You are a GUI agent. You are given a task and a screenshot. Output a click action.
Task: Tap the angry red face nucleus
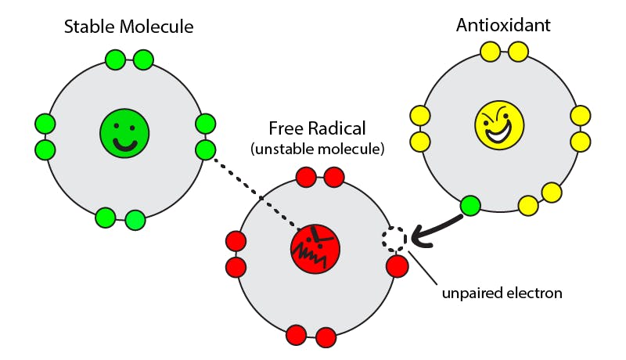click(x=315, y=247)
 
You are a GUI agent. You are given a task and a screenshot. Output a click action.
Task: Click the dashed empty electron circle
click(x=394, y=237)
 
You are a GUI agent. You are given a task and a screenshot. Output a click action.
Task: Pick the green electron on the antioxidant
click(x=470, y=206)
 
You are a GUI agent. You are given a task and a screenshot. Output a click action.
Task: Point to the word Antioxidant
click(x=503, y=26)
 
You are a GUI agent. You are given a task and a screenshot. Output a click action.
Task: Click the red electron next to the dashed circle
click(x=398, y=266)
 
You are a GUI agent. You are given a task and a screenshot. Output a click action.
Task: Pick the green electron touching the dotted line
click(x=206, y=149)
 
